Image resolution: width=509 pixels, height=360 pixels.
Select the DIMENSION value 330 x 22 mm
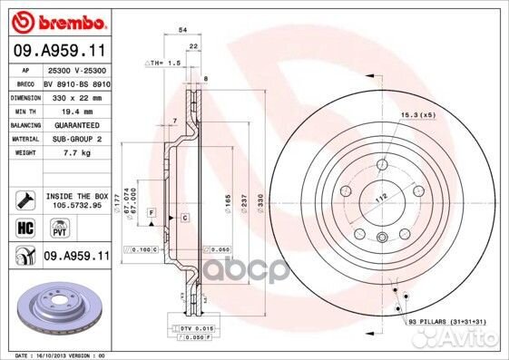[x=75, y=95]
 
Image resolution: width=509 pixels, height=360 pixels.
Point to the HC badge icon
[x=26, y=229]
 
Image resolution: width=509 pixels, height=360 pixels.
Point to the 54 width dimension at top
[x=183, y=30]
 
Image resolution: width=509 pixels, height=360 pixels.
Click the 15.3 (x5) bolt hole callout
[x=416, y=114]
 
